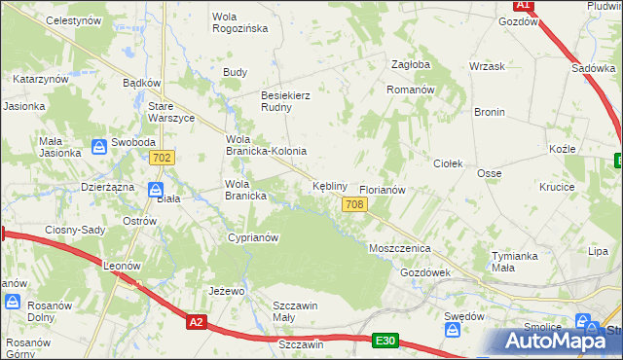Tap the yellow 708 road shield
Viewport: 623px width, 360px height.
coord(354,203)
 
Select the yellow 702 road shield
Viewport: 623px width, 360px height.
coord(163,157)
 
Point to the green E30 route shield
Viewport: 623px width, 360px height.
coord(385,340)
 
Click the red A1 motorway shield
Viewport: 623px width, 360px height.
coord(523,5)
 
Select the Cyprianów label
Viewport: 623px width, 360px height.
coord(253,237)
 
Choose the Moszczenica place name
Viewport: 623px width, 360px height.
coord(399,249)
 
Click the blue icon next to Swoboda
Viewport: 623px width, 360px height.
coord(98,147)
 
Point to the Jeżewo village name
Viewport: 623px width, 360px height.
coord(226,291)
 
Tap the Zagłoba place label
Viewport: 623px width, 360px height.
coord(410,64)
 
